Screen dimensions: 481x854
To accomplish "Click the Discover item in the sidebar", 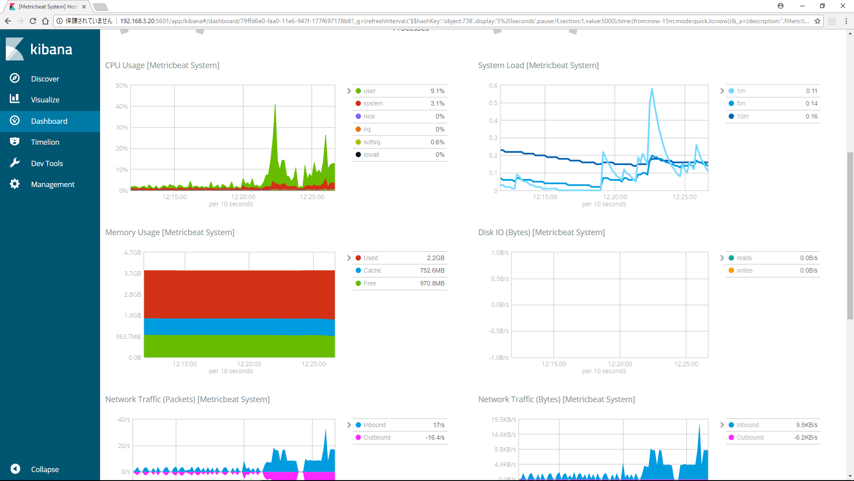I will point(44,79).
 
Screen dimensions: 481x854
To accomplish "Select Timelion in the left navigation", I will point(44,142).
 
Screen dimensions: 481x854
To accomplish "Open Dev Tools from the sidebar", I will point(47,163).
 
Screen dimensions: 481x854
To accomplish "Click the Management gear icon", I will point(15,184).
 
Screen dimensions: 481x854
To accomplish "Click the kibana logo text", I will point(51,49).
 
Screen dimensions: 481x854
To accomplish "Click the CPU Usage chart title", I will point(162,65).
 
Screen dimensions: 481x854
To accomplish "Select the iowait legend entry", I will point(371,155).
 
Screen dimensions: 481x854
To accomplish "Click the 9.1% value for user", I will point(437,91).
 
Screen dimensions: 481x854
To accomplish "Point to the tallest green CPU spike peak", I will point(275,105).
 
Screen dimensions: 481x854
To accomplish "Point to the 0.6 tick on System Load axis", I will point(493,86).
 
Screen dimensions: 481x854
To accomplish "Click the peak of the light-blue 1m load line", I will point(652,89).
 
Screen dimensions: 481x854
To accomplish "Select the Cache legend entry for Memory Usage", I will point(372,270).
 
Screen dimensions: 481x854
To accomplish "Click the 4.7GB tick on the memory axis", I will point(132,253).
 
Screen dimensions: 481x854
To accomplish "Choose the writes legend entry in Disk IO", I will point(744,270).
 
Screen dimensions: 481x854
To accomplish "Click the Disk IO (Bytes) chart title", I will point(541,232).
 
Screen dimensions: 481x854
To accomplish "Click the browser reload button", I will point(33,21).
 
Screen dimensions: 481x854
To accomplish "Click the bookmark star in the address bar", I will point(817,21).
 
